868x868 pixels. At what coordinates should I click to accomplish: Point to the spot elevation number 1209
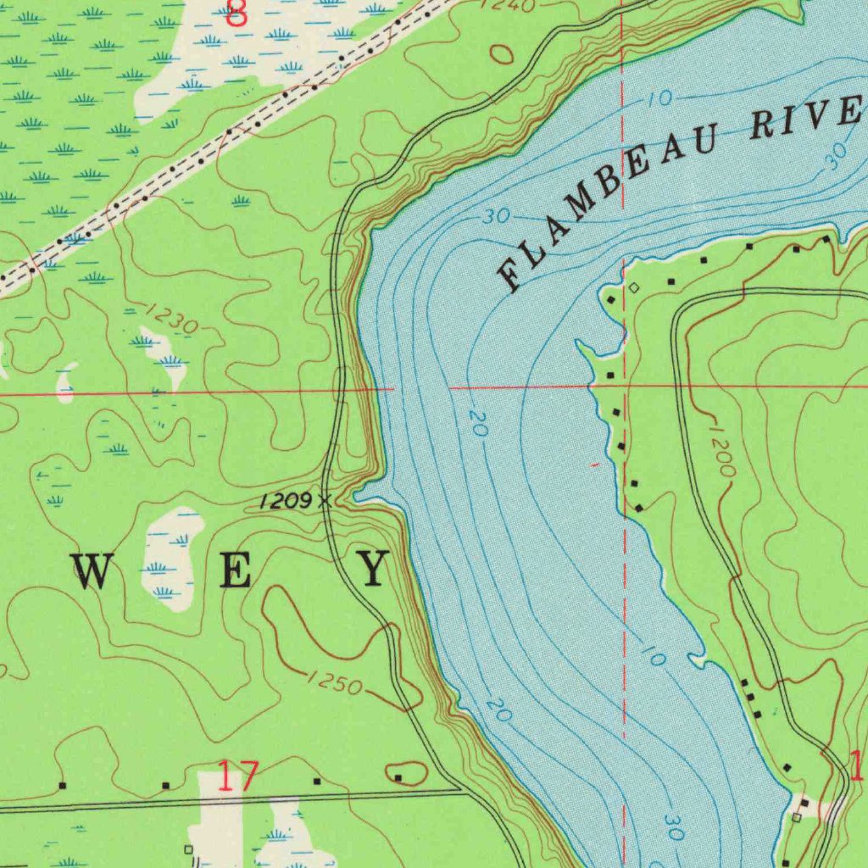pos(287,501)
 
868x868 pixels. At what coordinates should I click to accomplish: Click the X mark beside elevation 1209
pos(324,501)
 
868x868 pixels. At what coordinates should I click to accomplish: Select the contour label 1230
pos(170,317)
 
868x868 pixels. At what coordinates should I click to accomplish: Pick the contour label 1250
pos(335,681)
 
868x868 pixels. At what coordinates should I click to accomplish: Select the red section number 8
pos(238,14)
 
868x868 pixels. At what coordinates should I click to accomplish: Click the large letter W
pos(92,570)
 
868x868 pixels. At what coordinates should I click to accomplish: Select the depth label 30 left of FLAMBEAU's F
pos(497,217)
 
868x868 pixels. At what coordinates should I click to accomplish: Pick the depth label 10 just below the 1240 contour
pos(659,99)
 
